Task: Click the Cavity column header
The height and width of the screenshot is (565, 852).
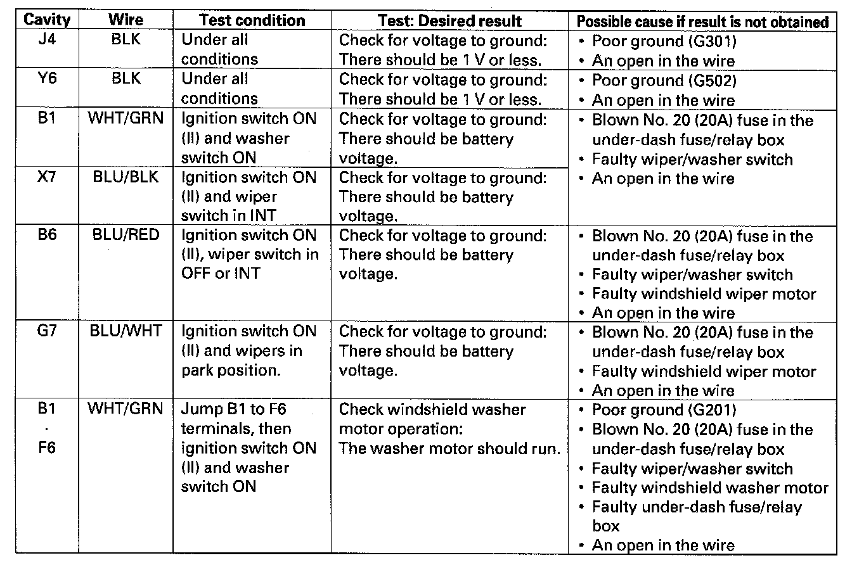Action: pyautogui.click(x=47, y=20)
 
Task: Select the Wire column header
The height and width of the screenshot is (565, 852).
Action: pyautogui.click(x=126, y=20)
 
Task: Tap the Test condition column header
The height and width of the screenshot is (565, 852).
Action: pyautogui.click(x=252, y=20)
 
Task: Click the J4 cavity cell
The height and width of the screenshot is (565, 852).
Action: pyautogui.click(x=47, y=40)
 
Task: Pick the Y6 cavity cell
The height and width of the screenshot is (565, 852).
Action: pyautogui.click(x=47, y=79)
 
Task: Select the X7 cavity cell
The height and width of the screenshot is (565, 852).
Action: pyautogui.click(x=47, y=177)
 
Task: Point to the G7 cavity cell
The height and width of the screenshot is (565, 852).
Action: pyautogui.click(x=47, y=331)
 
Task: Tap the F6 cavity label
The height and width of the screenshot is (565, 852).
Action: pyautogui.click(x=47, y=448)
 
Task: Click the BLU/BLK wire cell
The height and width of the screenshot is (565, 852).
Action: pyautogui.click(x=126, y=177)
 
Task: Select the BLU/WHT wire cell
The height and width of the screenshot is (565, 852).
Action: pyautogui.click(x=126, y=331)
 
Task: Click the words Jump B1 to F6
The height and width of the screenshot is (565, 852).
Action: pyautogui.click(x=234, y=409)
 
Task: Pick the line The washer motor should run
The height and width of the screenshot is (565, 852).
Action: pyautogui.click(x=449, y=448)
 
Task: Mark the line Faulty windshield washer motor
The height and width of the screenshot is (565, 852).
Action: pyautogui.click(x=709, y=488)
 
